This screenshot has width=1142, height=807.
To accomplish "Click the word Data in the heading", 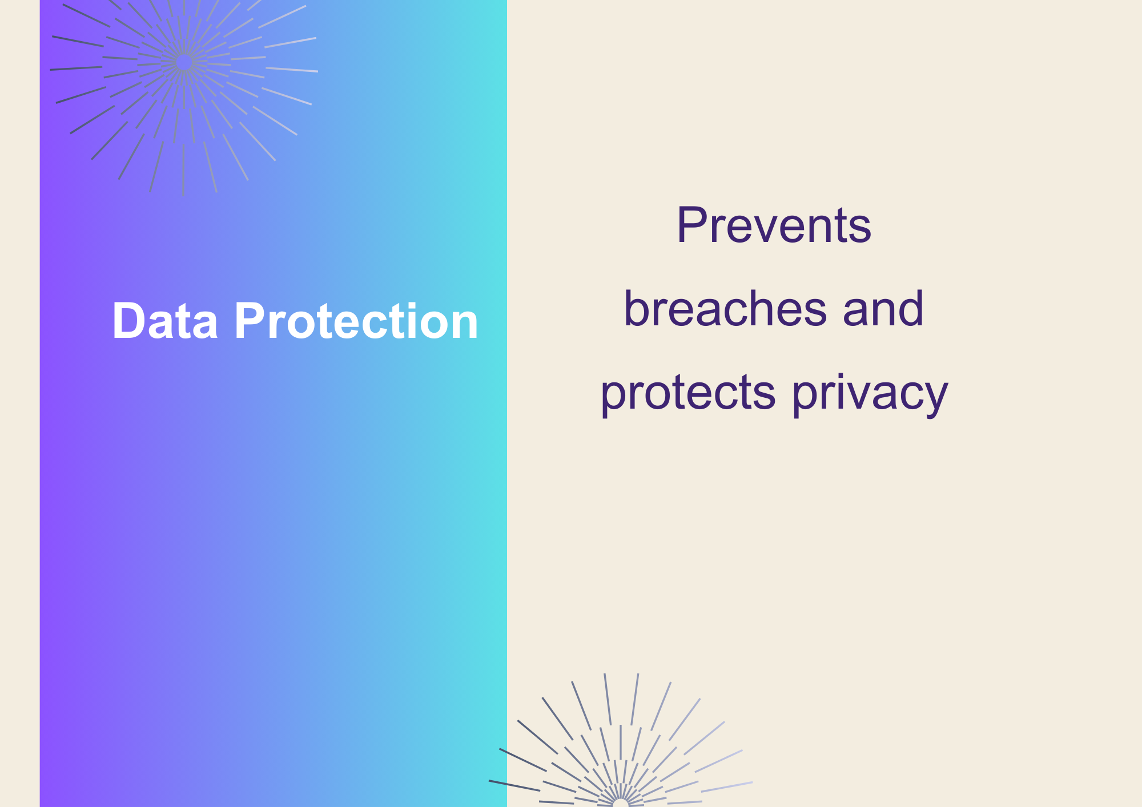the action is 165,321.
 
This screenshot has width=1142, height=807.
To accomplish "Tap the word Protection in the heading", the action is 356,321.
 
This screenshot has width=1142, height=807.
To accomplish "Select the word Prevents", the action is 774,225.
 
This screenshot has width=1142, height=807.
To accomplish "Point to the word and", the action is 883,308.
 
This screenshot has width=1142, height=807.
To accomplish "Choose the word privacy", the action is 870,393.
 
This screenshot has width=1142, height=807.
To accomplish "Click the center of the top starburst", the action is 183,62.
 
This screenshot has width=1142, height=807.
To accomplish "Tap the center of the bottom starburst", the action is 620,804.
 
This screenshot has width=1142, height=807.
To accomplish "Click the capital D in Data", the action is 128,321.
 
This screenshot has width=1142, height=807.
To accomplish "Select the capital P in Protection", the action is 250,321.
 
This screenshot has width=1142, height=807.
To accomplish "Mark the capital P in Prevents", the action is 691,225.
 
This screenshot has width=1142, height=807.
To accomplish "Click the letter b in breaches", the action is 637,308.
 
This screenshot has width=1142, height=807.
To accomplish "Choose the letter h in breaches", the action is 771,308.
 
